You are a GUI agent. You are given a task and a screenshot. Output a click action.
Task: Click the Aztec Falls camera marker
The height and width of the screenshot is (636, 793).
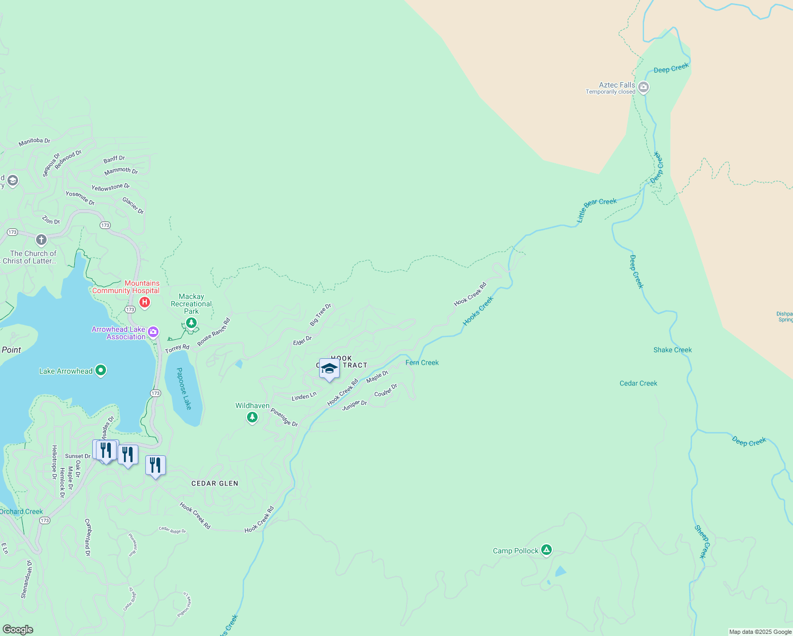point(644,87)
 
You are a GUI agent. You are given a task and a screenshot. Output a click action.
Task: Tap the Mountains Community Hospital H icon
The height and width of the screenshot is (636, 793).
point(144,302)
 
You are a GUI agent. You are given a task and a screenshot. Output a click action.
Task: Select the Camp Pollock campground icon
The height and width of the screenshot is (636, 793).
point(547,550)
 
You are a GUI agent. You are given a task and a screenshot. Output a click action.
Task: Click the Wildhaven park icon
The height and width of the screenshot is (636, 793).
point(252,418)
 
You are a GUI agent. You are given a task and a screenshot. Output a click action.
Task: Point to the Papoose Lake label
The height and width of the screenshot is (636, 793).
point(183,388)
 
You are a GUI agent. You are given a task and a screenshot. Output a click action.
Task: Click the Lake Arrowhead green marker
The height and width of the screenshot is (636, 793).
point(101,370)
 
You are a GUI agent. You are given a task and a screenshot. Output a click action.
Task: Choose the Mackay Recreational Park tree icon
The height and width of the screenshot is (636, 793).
point(191,322)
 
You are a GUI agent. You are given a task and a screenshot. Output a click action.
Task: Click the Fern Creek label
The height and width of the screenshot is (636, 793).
point(422,363)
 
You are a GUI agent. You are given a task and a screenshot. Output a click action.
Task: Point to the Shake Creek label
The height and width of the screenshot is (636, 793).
point(672,350)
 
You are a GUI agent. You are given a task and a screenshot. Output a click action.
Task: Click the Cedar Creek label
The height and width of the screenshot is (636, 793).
point(638,383)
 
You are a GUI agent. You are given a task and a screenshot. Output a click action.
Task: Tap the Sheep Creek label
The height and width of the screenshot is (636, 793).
point(701,542)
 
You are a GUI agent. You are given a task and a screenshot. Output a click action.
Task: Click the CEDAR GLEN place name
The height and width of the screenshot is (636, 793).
point(215,483)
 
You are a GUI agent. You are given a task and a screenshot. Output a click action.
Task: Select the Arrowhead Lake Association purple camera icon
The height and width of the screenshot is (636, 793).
point(153,332)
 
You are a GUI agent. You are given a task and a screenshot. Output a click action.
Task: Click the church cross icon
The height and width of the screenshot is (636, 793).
point(41,240)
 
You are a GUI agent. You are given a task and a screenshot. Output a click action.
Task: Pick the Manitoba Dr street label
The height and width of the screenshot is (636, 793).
point(34,142)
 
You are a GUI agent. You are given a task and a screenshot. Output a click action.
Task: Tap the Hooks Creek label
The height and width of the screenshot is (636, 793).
point(478,311)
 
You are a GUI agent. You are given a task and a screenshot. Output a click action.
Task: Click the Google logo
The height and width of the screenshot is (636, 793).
point(17,629)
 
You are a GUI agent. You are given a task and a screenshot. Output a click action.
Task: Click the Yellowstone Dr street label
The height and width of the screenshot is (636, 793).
point(110,187)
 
